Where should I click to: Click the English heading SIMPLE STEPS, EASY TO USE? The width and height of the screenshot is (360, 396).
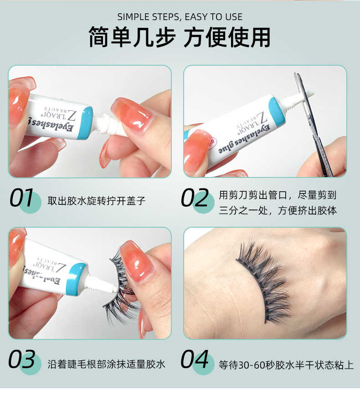[x=180, y=17]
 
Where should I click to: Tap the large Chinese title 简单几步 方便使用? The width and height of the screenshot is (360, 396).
[x=180, y=37]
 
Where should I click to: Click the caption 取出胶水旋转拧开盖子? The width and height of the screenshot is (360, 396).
[x=97, y=201]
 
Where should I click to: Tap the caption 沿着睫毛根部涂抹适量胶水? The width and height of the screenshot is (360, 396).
[x=107, y=364]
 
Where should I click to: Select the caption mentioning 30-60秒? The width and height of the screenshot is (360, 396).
[x=286, y=365]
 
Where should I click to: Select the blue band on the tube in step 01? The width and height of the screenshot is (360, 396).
[x=86, y=123]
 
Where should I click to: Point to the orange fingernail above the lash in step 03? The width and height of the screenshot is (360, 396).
[x=136, y=261]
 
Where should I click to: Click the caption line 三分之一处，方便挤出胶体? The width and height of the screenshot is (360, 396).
[x=278, y=210]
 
